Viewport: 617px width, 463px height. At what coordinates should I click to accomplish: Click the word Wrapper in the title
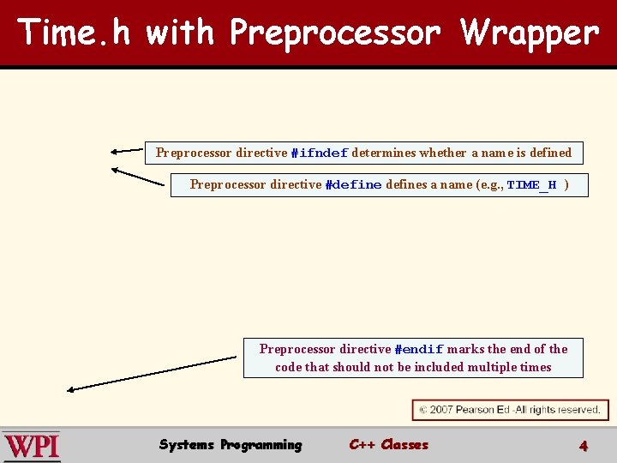click(529, 33)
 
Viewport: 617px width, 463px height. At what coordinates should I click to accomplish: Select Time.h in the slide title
click(74, 33)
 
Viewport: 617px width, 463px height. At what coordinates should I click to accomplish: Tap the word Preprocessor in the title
click(335, 33)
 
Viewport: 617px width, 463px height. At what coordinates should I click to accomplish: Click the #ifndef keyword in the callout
click(319, 153)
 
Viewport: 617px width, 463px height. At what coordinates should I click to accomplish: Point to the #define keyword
click(353, 185)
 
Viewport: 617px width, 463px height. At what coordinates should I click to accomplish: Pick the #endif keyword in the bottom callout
click(418, 350)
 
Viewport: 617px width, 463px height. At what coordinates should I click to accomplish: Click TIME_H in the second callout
click(531, 185)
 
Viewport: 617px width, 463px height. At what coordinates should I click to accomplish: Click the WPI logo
click(32, 446)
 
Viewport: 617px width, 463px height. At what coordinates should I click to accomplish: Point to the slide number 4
click(584, 445)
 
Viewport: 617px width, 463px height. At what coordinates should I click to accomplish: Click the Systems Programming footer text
click(231, 444)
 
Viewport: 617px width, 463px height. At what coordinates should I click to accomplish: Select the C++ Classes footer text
click(388, 444)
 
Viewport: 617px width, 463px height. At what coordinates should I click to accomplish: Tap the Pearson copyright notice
click(510, 410)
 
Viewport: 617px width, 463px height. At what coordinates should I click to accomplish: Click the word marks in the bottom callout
click(466, 349)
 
